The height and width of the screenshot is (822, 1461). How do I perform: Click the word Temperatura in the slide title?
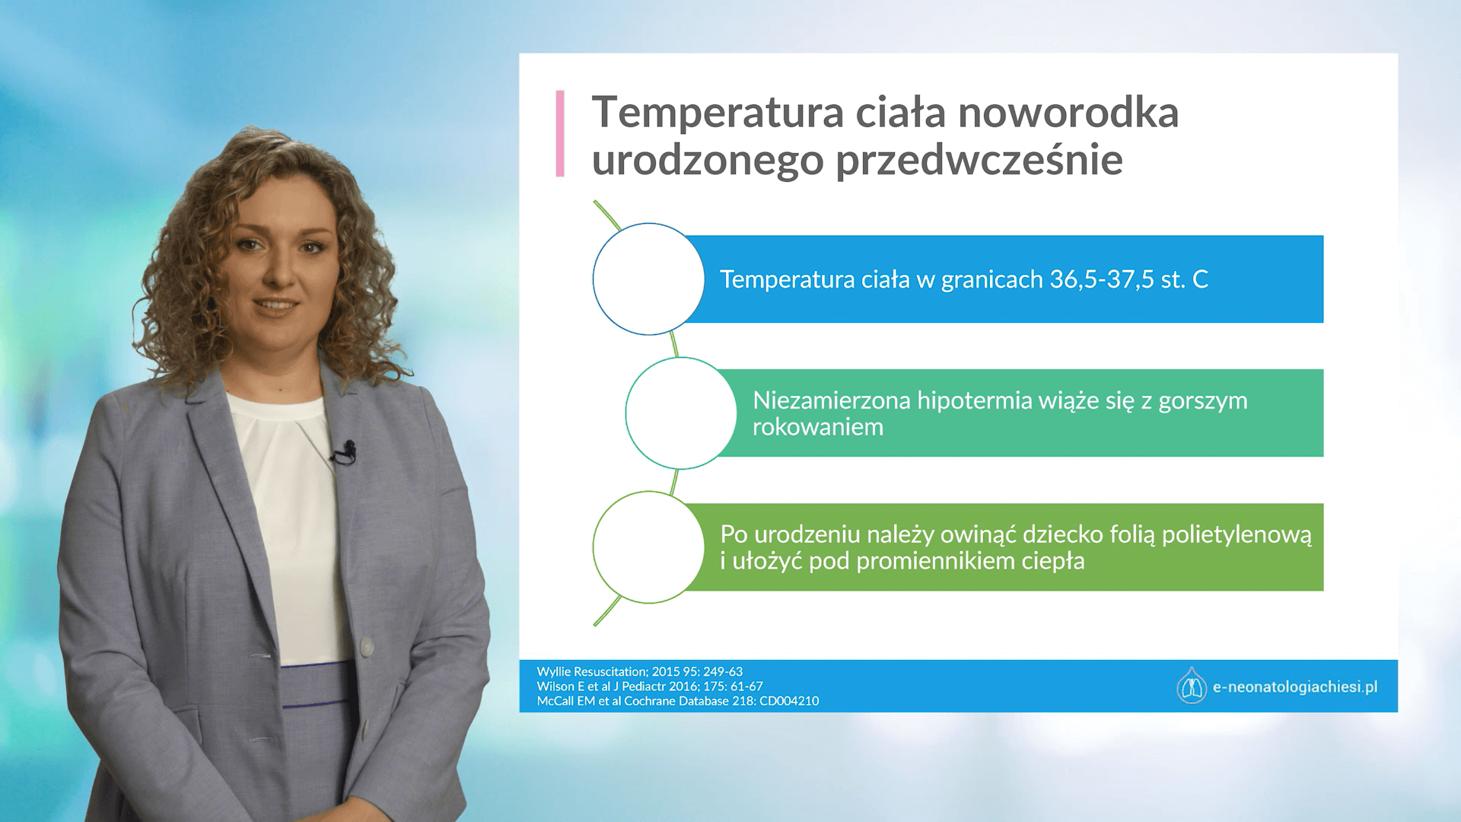point(718,113)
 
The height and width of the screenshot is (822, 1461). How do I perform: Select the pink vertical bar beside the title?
point(560,134)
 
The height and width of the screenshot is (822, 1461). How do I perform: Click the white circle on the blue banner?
point(648,279)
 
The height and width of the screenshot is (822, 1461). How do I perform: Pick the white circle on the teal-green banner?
point(681,413)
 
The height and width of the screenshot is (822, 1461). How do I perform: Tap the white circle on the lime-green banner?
point(648,547)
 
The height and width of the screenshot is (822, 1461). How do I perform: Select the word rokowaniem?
point(818,427)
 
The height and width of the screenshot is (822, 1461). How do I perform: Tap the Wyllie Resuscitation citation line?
point(640,671)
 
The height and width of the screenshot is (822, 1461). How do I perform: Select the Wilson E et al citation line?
point(650,686)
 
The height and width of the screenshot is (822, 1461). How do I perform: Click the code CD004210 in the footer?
point(789,701)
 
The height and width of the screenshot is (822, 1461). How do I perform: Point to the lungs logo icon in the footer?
point(1191,686)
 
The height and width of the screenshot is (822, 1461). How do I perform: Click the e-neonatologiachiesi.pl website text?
point(1295,687)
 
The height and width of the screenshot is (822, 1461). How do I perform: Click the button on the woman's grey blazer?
point(367,646)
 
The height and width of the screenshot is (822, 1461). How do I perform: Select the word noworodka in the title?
point(1068,113)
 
